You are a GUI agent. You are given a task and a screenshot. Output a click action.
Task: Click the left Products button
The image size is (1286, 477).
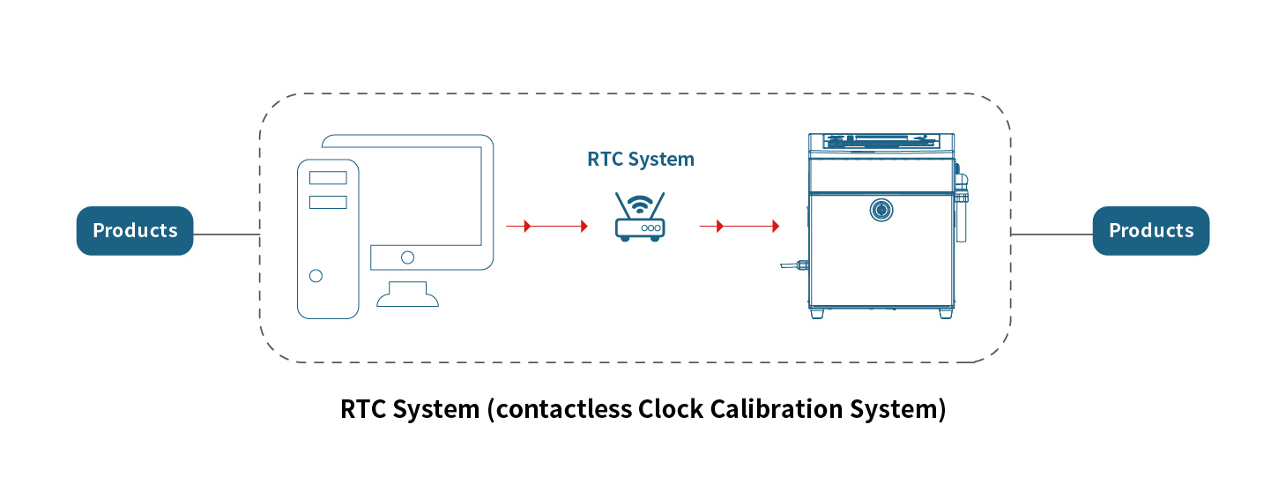click(x=135, y=231)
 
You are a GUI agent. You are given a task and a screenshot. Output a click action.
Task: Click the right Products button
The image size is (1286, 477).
click(x=1150, y=231)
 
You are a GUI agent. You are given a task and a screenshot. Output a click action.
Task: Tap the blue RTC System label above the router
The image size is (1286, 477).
click(x=641, y=160)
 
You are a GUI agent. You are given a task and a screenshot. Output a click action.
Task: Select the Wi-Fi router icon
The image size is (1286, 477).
click(x=639, y=217)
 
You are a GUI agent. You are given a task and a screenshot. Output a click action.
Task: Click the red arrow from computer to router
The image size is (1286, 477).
click(x=546, y=227)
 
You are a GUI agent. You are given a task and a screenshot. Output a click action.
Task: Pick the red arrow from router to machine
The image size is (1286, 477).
click(x=740, y=227)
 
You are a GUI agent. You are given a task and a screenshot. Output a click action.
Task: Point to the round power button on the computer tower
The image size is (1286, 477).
click(x=316, y=276)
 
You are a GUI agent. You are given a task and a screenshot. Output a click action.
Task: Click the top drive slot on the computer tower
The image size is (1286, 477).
click(x=328, y=177)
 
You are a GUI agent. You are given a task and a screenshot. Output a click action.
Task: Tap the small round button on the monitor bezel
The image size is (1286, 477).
click(x=407, y=257)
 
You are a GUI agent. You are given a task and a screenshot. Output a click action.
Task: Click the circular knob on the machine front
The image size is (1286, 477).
click(x=880, y=209)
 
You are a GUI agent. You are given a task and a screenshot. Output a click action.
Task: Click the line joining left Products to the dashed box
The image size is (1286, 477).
click(x=226, y=235)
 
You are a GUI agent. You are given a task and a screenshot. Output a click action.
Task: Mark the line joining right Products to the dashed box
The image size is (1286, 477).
click(x=1052, y=235)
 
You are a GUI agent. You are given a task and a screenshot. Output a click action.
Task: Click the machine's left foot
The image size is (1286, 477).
click(x=819, y=313)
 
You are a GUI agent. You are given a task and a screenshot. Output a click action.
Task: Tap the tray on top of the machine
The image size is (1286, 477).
click(x=880, y=140)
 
